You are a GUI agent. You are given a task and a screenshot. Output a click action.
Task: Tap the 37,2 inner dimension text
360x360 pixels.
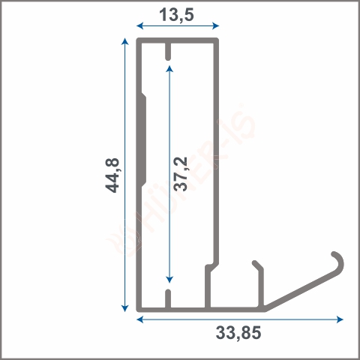pyautogui.click(x=180, y=174)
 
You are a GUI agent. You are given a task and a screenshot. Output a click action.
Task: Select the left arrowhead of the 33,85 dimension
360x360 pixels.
pyautogui.click(x=140, y=319)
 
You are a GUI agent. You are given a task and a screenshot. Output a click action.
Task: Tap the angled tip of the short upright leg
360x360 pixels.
pyautogui.click(x=257, y=265)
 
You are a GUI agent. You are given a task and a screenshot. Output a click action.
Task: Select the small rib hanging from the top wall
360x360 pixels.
pyautogui.click(x=169, y=51)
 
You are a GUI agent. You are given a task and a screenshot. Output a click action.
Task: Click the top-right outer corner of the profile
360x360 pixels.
pyautogui.click(x=217, y=39)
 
